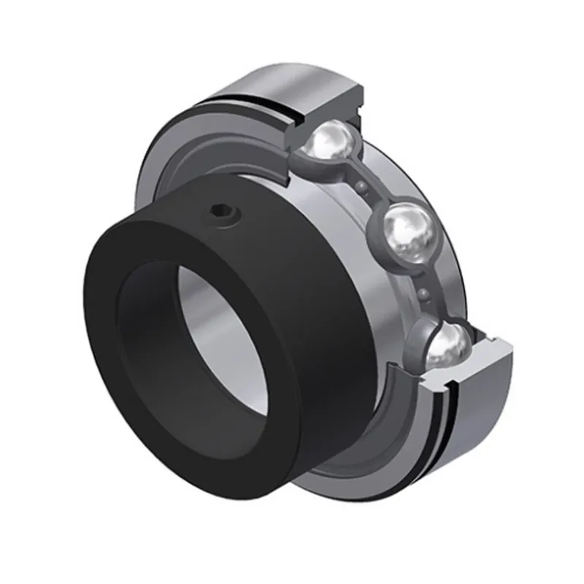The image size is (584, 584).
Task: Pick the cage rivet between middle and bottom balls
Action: (423, 294)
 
